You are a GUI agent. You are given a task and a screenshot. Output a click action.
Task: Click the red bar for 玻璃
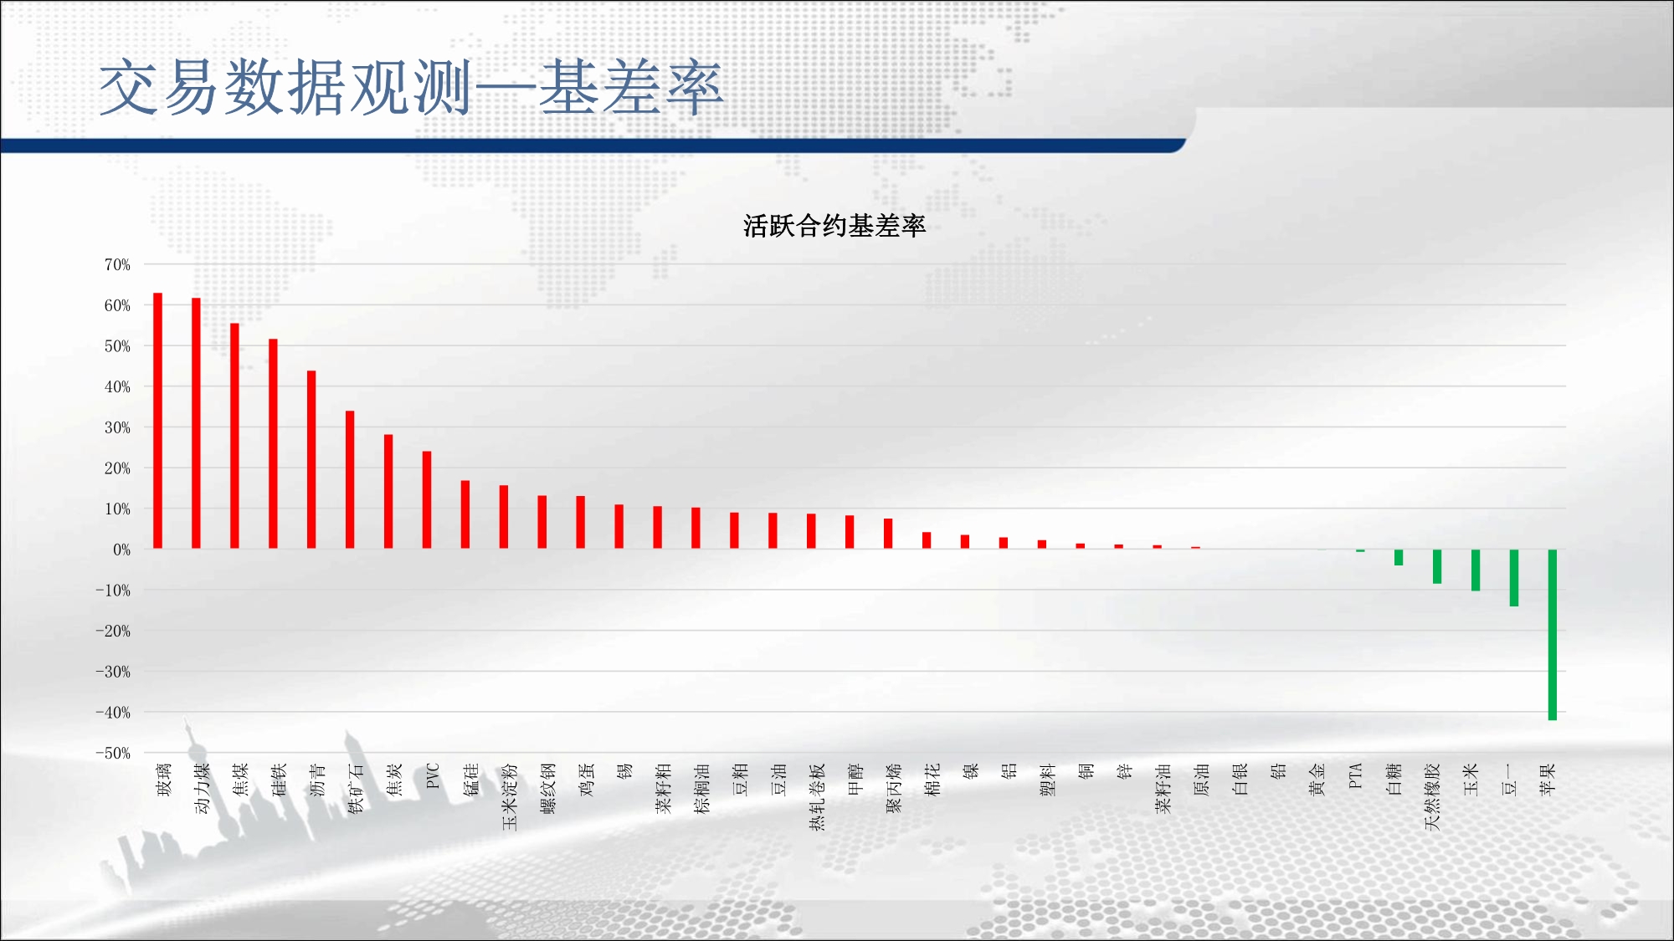[x=157, y=421]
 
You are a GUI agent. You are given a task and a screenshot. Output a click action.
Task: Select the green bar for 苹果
[x=1552, y=635]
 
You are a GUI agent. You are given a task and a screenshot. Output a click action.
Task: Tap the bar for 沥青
[x=311, y=459]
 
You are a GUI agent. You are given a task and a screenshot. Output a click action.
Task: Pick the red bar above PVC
[x=427, y=500]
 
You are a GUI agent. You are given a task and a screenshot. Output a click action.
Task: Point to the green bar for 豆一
[x=1513, y=578]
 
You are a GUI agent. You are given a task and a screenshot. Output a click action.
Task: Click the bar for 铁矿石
[x=350, y=480]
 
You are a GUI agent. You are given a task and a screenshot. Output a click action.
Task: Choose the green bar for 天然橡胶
[x=1437, y=566]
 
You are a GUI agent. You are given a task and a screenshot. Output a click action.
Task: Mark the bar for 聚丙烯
[x=888, y=534]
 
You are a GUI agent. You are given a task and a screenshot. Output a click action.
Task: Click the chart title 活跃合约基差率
[x=834, y=226]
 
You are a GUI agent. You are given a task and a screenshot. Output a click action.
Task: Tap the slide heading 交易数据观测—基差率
[x=410, y=87]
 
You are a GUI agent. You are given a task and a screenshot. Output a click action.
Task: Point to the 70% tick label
[x=117, y=264]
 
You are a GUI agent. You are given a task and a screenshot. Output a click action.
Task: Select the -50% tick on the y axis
[x=113, y=753]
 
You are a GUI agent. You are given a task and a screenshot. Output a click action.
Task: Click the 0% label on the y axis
[x=122, y=550]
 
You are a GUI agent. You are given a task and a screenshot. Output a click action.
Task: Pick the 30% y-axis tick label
[x=117, y=427]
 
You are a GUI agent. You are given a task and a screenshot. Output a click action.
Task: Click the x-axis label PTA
[x=1356, y=775]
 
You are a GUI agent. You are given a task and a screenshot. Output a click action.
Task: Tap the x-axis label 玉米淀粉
[x=510, y=796]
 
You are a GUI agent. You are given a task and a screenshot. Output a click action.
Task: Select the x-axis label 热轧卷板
[x=818, y=796]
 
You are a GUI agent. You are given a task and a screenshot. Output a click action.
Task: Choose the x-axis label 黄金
[x=1317, y=779]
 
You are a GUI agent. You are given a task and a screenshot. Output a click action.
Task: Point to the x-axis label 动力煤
[x=202, y=788]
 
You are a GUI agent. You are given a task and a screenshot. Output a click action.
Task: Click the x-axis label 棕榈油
[x=702, y=788]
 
